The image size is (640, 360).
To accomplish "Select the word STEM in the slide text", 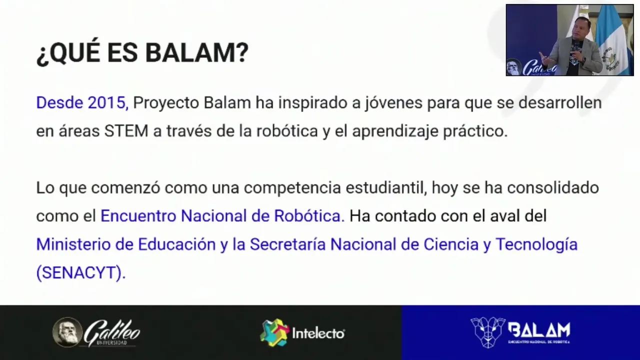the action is click(126, 131).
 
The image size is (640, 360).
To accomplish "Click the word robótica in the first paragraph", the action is click(287, 131).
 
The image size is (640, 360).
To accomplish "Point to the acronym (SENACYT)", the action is click(81, 272).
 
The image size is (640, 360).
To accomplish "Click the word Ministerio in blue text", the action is click(73, 244).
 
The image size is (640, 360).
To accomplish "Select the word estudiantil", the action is click(386, 188).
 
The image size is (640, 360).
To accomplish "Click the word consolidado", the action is click(553, 187).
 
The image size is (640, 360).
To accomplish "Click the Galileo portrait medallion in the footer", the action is click(67, 332).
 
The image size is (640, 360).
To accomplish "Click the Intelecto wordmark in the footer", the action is click(318, 333).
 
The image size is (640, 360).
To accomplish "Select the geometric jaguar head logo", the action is click(487, 332).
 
